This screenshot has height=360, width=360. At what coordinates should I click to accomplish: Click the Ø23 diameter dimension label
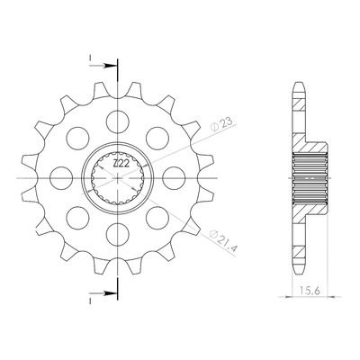pos(221,124)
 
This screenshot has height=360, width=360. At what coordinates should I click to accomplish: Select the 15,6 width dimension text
pos(310,291)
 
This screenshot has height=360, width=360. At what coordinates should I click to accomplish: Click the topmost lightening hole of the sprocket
pos(118,121)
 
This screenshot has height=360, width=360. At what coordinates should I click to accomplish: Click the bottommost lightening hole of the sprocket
pos(118,234)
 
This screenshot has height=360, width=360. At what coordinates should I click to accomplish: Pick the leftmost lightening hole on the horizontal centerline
pos(61,178)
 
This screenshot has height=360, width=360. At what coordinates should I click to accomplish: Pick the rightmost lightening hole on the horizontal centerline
pos(174,178)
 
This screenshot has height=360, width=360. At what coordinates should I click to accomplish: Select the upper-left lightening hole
pos(78,139)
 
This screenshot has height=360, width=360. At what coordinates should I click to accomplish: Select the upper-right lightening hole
pos(157,139)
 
